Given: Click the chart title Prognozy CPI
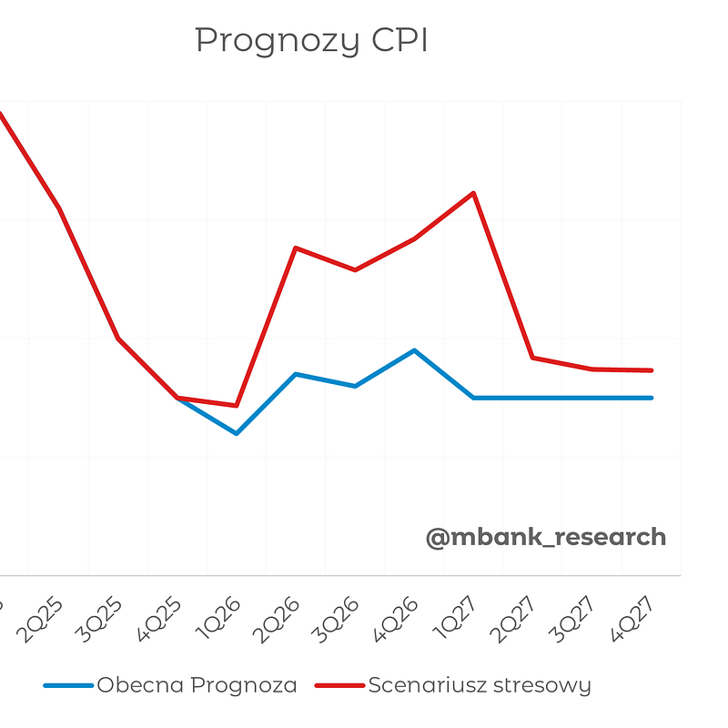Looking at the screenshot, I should [311, 41].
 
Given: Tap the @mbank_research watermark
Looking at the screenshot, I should [546, 537].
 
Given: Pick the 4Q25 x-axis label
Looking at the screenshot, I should [161, 620].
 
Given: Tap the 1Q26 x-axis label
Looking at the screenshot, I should [220, 620].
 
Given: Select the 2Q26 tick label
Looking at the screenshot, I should [279, 620].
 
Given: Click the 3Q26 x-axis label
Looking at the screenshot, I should [339, 620].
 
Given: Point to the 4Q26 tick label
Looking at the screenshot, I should [398, 620].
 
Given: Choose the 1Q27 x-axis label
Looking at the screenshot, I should [457, 620].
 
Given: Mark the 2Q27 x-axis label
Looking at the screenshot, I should [516, 620].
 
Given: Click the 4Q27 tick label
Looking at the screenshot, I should [634, 620].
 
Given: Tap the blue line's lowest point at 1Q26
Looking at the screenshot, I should [237, 433].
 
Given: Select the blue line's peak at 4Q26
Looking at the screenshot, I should [415, 350].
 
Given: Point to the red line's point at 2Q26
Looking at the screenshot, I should [296, 248].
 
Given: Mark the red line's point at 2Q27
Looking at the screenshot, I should [533, 358].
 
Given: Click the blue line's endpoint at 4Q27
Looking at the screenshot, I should [652, 398].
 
